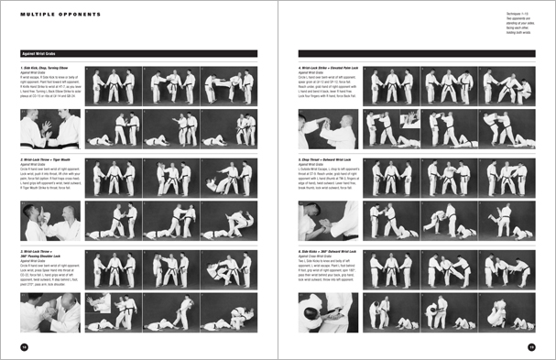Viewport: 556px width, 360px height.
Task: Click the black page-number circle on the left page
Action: click(24, 345)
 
